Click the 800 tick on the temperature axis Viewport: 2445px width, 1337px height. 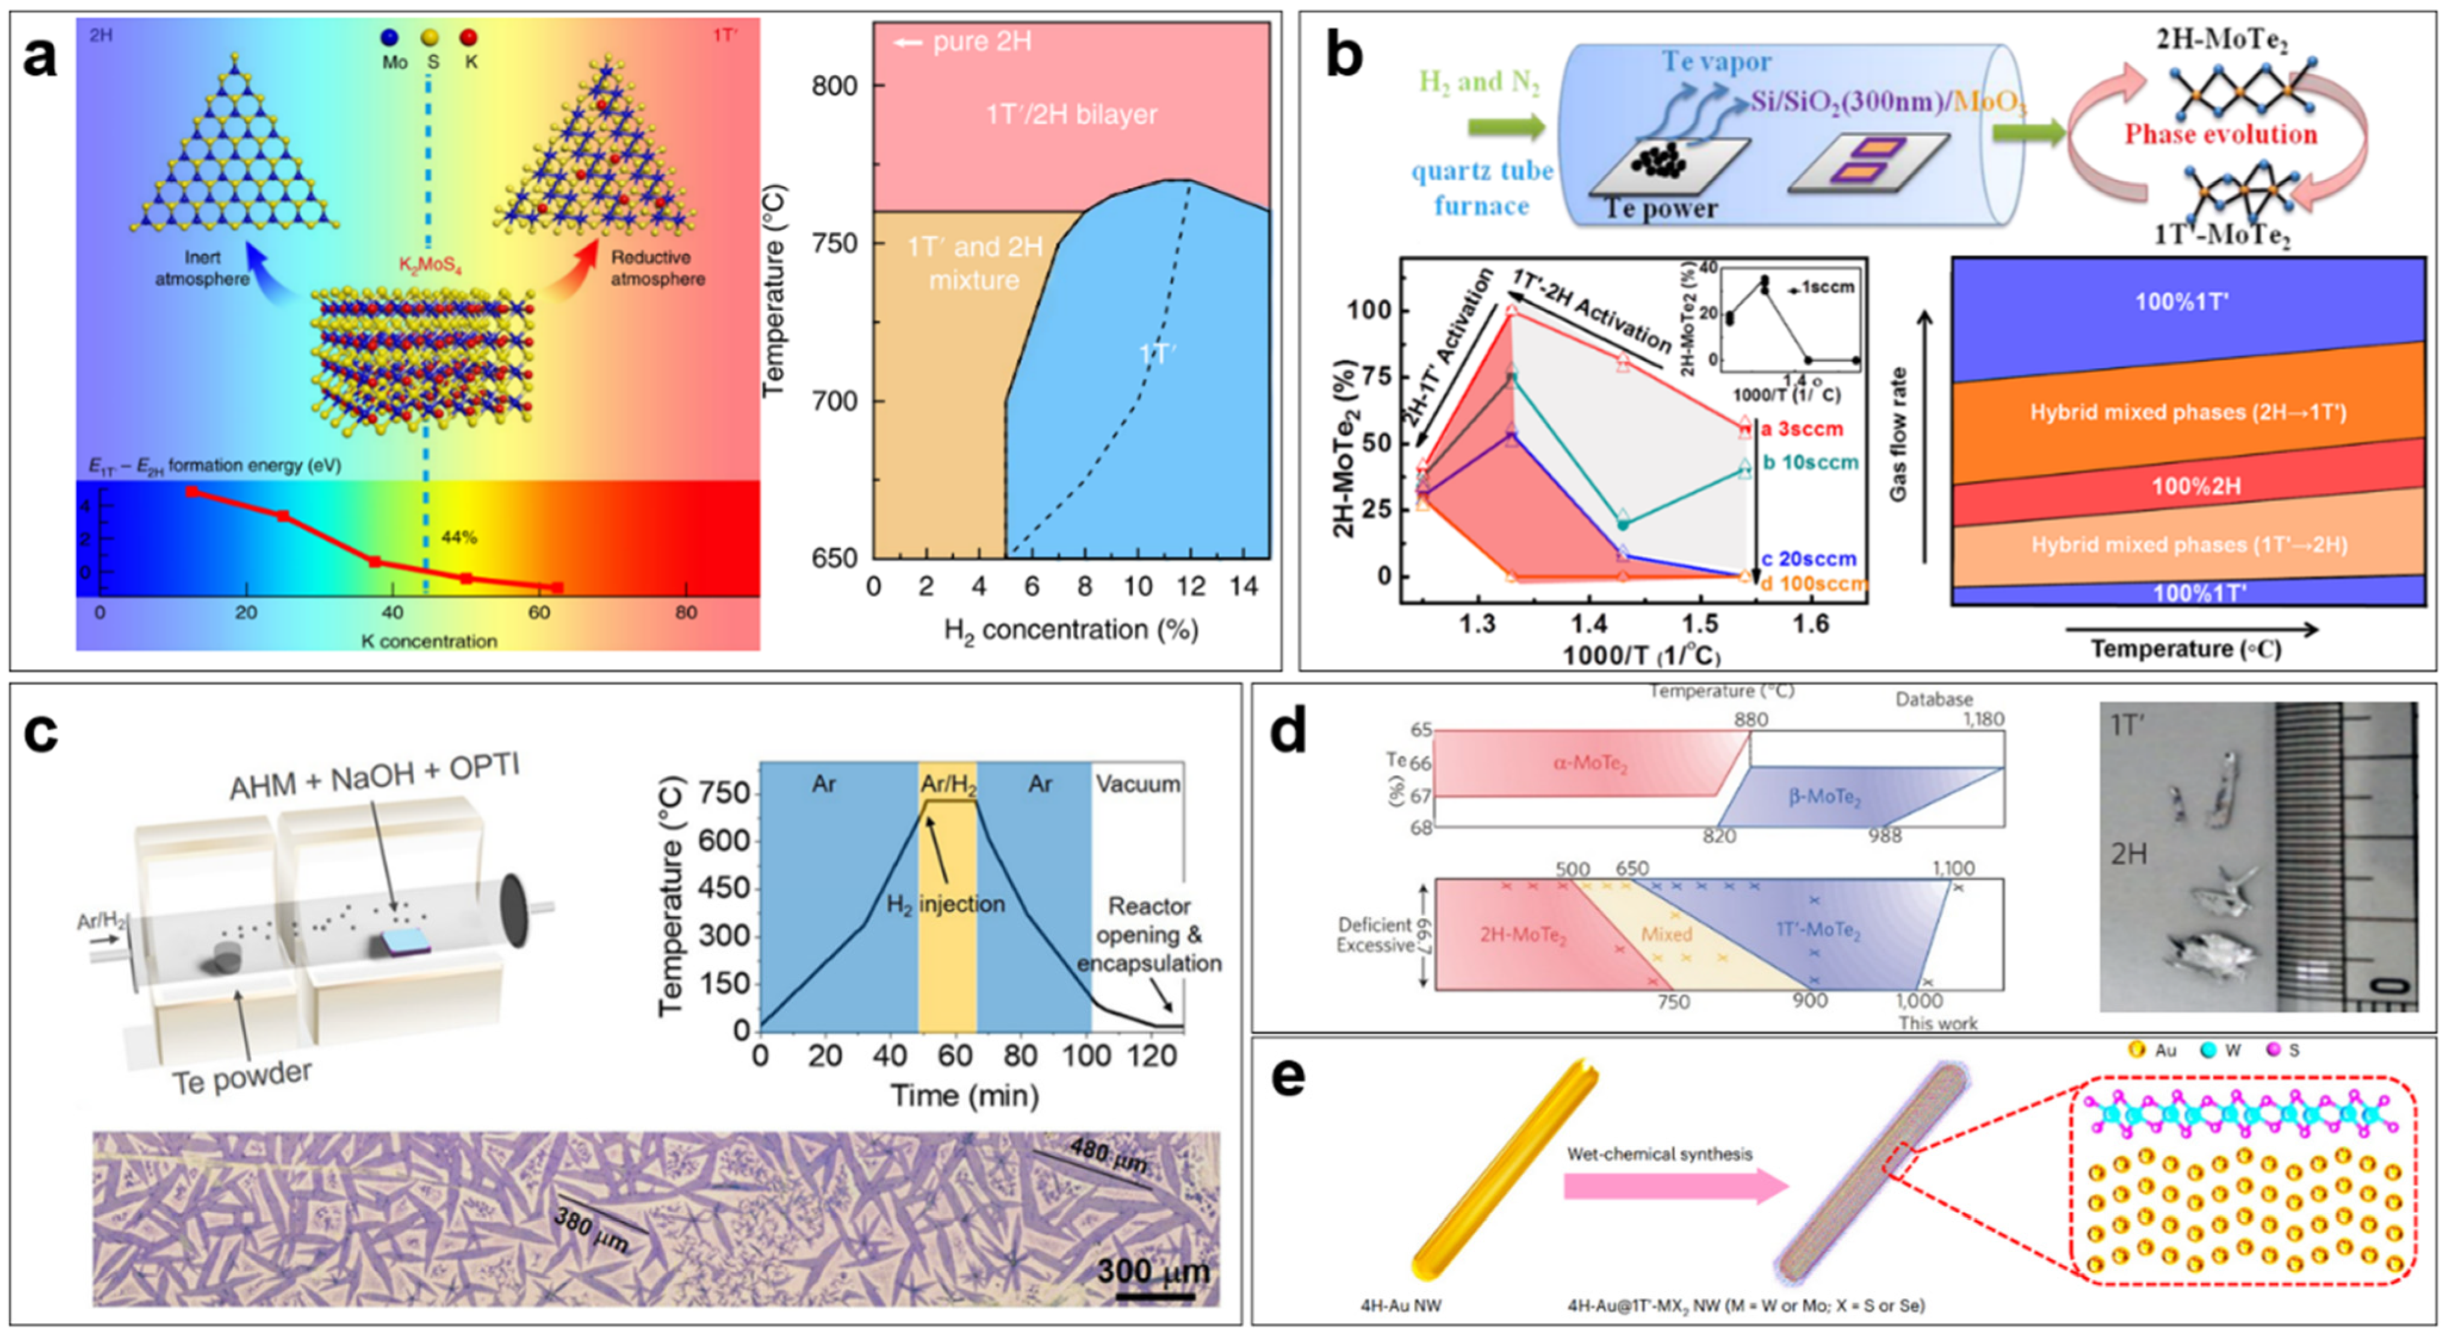pos(835,85)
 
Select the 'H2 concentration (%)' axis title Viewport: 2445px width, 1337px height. pos(1071,630)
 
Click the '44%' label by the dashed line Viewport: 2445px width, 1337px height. pos(459,538)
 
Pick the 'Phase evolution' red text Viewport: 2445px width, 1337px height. pos(2220,134)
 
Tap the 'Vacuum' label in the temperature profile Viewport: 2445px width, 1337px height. pos(1137,784)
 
